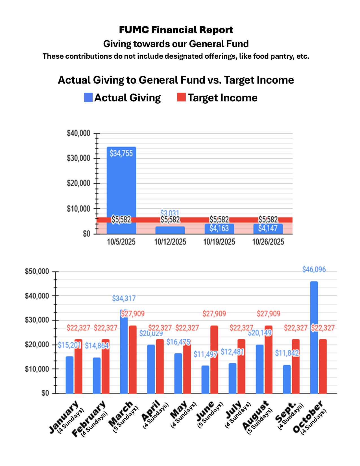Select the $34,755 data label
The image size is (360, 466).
[121, 153]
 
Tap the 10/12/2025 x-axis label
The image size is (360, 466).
[170, 242]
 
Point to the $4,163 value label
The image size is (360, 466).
[219, 228]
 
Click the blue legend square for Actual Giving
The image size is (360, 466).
[88, 97]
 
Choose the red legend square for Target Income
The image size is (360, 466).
[181, 97]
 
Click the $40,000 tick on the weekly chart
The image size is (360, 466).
[78, 133]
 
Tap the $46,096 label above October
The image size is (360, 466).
[314, 269]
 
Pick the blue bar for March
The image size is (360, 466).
[124, 353]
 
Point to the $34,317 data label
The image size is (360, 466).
[124, 298]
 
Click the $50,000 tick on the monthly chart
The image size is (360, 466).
[37, 272]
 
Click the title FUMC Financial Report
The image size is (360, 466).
[176, 30]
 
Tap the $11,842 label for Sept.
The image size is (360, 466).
[287, 353]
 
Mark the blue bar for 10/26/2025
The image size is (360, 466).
[268, 229]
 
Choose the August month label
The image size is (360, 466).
[255, 415]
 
